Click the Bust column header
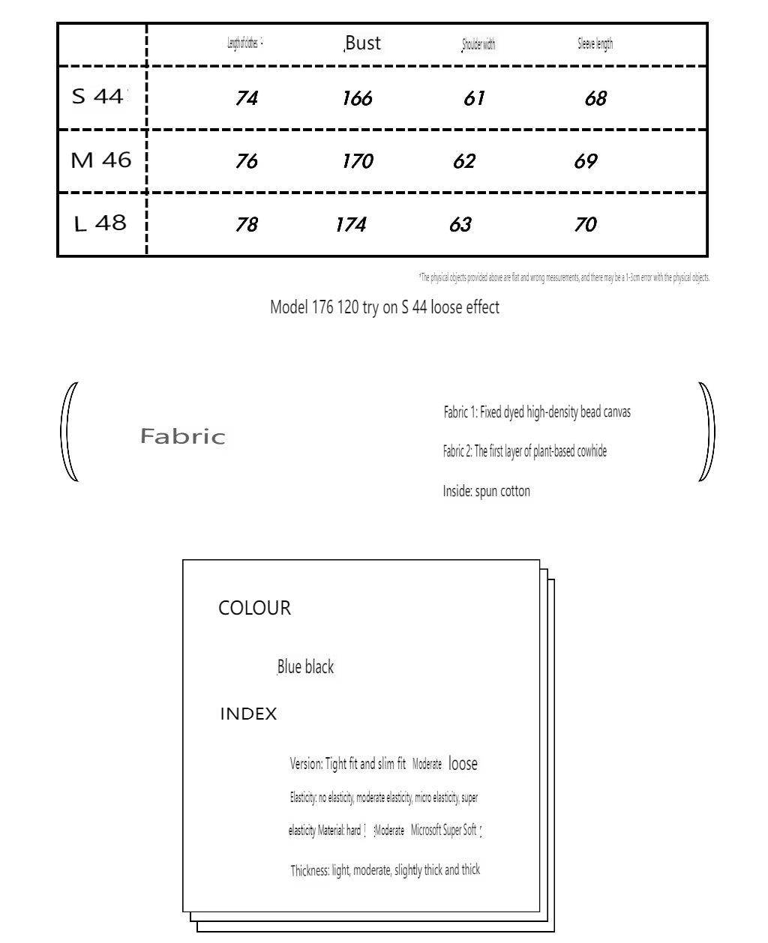click(363, 43)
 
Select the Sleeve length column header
click(595, 44)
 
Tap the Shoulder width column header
click(478, 45)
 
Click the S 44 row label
click(100, 97)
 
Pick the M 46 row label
click(100, 160)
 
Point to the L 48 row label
click(100, 223)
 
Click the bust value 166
click(357, 98)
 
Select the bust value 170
click(357, 161)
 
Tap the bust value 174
click(350, 224)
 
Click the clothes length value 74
click(246, 98)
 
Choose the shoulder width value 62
click(464, 161)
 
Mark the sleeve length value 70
click(585, 224)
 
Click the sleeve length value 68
click(595, 98)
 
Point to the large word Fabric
click(182, 436)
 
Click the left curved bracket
click(69, 432)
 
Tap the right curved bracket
click(706, 432)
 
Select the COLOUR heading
click(254, 608)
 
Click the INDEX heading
click(248, 714)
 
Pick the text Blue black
click(305, 666)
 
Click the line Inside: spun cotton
click(486, 492)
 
